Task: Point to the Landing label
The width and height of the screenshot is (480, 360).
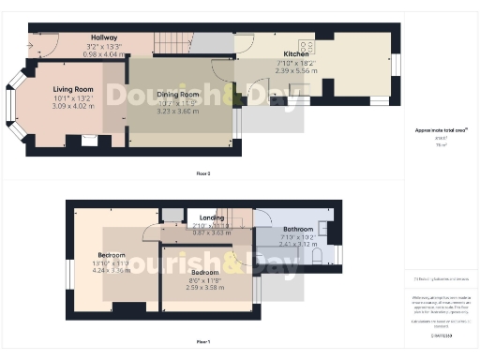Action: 212,217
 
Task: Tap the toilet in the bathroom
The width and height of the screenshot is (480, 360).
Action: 316,255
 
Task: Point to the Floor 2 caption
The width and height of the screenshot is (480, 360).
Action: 202,174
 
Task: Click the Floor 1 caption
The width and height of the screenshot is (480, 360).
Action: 202,341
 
